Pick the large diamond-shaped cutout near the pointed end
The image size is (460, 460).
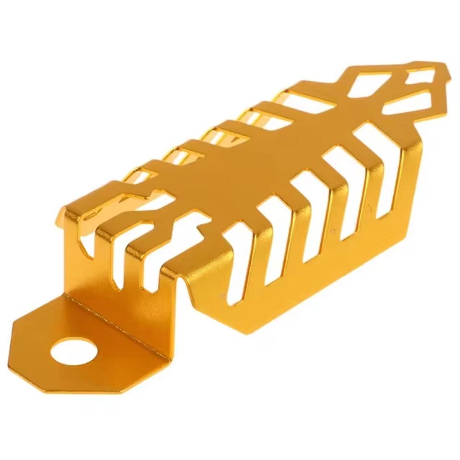pos(368,86)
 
